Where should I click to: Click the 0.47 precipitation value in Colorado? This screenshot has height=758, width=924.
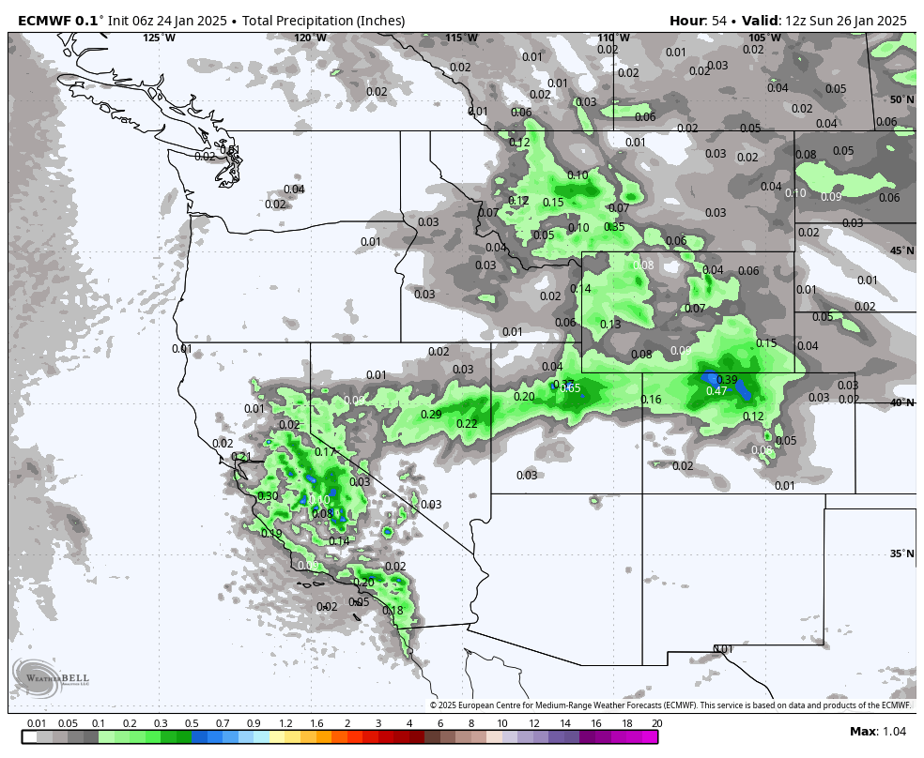click(716, 391)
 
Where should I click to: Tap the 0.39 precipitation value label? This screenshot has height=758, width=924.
click(726, 379)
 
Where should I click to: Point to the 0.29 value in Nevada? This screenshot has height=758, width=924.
click(431, 414)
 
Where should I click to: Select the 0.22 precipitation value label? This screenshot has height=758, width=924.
click(467, 424)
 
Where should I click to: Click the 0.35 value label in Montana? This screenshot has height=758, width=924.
click(614, 227)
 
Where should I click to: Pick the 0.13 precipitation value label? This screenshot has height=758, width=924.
click(610, 325)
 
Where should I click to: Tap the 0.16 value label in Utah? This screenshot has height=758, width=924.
click(651, 401)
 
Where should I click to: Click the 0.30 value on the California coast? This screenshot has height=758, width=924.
click(268, 496)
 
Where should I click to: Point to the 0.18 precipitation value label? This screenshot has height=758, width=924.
click(393, 611)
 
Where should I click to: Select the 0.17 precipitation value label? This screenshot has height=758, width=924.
click(325, 452)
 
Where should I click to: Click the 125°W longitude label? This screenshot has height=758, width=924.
click(159, 38)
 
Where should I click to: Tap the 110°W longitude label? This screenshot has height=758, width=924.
click(613, 38)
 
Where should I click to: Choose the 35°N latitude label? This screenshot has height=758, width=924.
click(901, 553)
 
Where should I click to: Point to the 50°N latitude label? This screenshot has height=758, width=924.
click(901, 99)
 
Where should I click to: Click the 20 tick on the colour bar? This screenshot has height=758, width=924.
click(656, 723)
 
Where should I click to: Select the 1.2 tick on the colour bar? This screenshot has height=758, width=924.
click(285, 723)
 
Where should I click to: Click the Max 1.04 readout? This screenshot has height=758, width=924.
click(877, 732)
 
